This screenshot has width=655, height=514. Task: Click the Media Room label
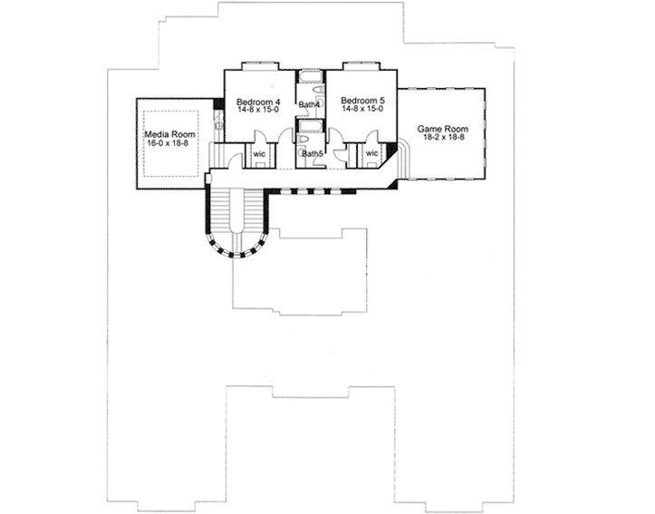click(x=169, y=134)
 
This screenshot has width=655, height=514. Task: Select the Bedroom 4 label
click(x=258, y=102)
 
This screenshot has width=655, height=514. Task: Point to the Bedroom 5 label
click(x=362, y=101)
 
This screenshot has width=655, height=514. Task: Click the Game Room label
click(x=443, y=129)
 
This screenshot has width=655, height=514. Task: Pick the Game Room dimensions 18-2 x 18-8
click(x=444, y=137)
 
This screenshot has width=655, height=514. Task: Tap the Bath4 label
click(x=309, y=104)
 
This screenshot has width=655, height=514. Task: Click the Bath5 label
click(x=313, y=154)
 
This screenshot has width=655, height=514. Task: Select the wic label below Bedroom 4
click(x=259, y=154)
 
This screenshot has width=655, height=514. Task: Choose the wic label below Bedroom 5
click(x=371, y=153)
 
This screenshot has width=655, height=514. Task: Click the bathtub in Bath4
click(x=310, y=77)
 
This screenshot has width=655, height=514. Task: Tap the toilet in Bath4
click(x=318, y=91)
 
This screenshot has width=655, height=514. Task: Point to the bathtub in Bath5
click(x=310, y=126)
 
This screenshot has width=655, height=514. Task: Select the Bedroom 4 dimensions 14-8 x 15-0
click(x=258, y=110)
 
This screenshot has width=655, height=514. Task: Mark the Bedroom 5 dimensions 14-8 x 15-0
click(x=362, y=109)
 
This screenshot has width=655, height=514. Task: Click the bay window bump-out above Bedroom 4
click(x=260, y=65)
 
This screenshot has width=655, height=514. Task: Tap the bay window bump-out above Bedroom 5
click(x=361, y=65)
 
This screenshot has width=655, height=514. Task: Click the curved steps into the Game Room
click(x=404, y=159)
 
